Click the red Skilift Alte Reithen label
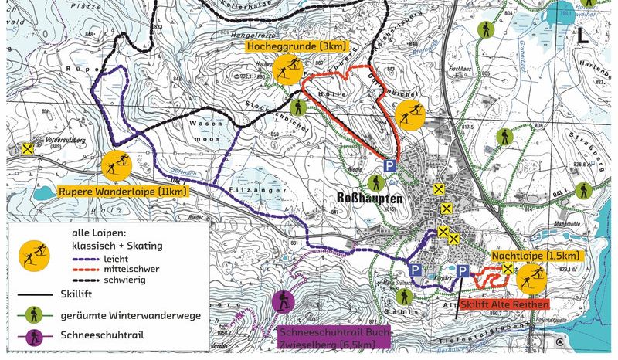[503, 304]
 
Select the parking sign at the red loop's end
[391, 166]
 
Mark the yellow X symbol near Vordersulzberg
[29, 149]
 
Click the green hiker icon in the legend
[32, 315]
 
